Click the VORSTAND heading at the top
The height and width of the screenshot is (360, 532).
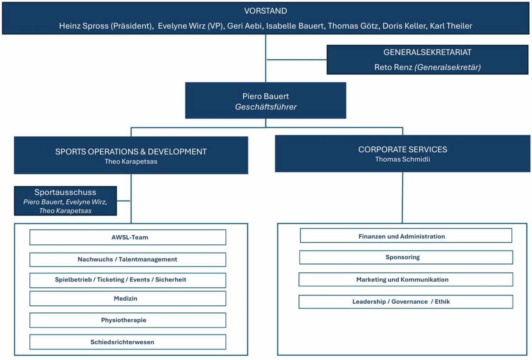click(x=266, y=11)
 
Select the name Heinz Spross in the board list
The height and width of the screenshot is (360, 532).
click(x=84, y=26)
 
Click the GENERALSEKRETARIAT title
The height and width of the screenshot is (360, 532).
click(x=427, y=52)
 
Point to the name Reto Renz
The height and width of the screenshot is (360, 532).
click(x=393, y=67)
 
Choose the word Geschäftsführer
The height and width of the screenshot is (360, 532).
click(x=266, y=107)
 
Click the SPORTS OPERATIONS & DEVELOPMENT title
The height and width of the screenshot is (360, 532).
click(x=131, y=152)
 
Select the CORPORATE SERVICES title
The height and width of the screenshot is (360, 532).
click(x=403, y=149)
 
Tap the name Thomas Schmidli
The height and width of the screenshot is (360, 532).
click(x=403, y=159)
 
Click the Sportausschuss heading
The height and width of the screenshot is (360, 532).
click(x=65, y=192)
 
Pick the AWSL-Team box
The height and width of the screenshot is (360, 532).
click(x=128, y=237)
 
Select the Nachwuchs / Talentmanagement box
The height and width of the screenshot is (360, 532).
click(x=128, y=260)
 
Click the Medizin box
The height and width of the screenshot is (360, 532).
click(x=128, y=299)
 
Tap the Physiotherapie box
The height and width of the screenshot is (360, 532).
click(x=128, y=321)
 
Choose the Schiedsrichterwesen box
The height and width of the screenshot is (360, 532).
click(x=128, y=342)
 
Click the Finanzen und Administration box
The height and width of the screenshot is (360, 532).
click(x=406, y=236)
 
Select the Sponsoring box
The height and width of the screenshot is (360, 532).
click(x=406, y=258)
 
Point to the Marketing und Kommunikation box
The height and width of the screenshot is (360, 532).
click(x=406, y=279)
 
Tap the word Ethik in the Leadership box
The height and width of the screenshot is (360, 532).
click(x=442, y=302)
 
